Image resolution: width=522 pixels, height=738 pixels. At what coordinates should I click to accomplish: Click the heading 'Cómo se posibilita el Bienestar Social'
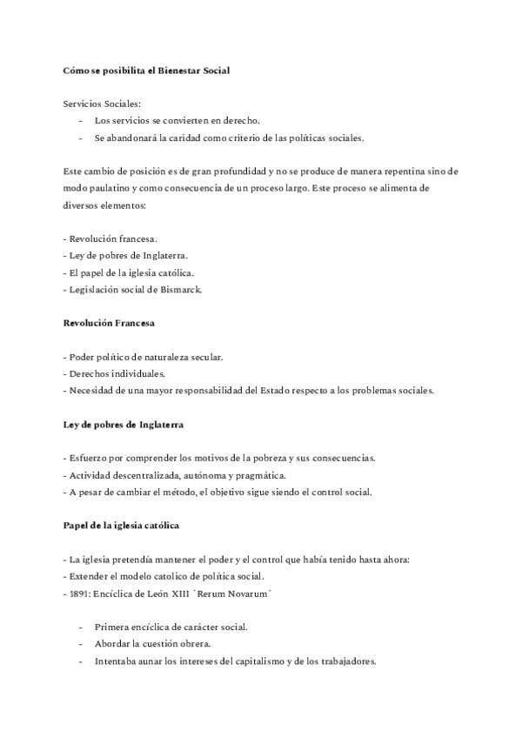146,69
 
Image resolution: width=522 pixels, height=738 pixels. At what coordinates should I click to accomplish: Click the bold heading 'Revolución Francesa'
109,323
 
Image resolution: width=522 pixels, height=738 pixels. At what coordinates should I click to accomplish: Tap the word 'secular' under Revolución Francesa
204,357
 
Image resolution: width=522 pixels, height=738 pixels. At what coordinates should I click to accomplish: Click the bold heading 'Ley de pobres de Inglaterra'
123,425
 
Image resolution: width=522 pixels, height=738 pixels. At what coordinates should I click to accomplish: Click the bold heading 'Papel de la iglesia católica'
122,526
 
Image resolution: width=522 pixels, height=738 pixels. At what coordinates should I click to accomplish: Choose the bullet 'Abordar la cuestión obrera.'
153,644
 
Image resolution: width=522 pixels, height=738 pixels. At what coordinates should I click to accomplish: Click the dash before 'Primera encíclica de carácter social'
82,627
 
